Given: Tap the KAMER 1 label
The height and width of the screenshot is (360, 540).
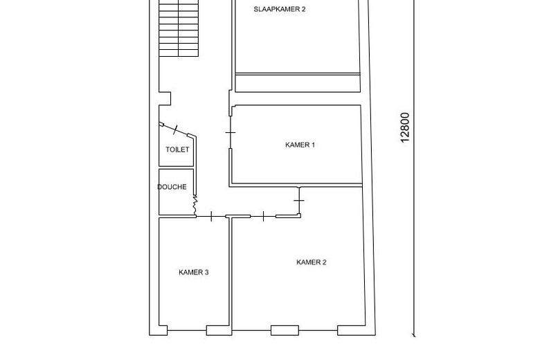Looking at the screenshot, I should [x=300, y=145].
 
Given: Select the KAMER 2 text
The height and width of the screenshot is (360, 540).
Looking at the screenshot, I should [x=311, y=262].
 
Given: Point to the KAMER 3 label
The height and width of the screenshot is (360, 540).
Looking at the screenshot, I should [x=194, y=272].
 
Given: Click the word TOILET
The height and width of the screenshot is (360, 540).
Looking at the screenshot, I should [x=177, y=150].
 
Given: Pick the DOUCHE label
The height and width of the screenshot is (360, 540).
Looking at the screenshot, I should [x=172, y=187].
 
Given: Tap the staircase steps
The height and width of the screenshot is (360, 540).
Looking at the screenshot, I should [x=179, y=29].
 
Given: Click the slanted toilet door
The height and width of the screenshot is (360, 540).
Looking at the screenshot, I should [x=177, y=129].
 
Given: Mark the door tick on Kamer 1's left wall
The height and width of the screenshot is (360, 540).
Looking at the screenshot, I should [x=231, y=132].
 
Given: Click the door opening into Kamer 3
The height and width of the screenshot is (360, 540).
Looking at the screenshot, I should [x=211, y=216].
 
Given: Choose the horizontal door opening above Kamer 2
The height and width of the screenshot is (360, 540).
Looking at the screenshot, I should [x=263, y=216].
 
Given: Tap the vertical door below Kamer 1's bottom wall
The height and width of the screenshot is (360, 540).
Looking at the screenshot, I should [x=298, y=200].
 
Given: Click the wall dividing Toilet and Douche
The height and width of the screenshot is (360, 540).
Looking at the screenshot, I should [x=176, y=168].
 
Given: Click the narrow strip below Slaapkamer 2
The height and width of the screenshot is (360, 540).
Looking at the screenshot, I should [x=298, y=83].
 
